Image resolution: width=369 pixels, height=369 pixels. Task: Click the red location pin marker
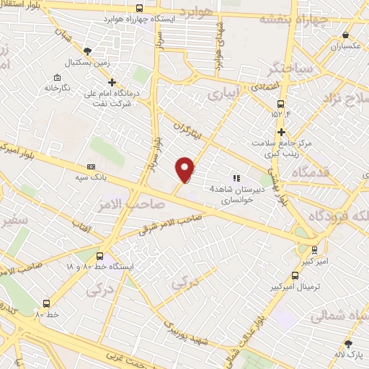185,168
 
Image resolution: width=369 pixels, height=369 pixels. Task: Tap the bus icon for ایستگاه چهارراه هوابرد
139,9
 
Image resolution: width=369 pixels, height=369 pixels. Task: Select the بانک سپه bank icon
90,165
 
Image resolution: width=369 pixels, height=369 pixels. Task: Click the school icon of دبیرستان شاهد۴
235,177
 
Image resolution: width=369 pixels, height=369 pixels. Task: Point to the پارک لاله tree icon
348,344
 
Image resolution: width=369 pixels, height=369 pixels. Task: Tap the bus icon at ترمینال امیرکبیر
294,275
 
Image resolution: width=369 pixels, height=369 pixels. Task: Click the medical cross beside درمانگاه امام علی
112,82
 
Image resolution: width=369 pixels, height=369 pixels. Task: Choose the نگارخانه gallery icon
58,77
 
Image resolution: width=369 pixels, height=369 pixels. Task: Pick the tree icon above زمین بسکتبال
88,51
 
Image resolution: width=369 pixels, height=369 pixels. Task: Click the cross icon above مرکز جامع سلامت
282,132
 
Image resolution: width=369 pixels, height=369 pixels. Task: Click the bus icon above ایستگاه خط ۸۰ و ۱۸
99,256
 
